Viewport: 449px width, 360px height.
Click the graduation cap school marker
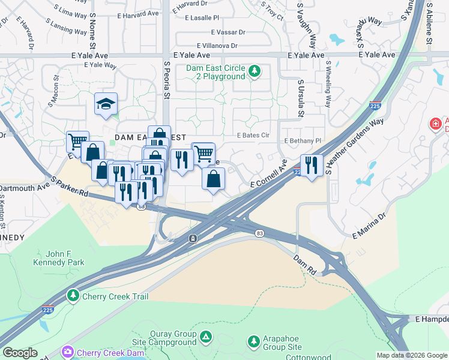(x=106, y=104)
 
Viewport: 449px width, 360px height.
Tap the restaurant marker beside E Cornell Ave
(x=311, y=164)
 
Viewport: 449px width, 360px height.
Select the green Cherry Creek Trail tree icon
(x=73, y=296)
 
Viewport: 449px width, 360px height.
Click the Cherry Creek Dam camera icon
(x=67, y=351)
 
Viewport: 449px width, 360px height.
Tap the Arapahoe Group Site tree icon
(x=254, y=341)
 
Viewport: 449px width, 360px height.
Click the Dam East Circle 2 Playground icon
(x=255, y=71)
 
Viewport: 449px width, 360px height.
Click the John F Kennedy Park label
(x=58, y=257)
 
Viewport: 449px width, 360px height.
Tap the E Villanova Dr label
(x=217, y=46)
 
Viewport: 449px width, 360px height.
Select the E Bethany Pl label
(x=303, y=140)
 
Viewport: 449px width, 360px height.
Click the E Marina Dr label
(x=369, y=226)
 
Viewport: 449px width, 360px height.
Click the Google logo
(x=20, y=353)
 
